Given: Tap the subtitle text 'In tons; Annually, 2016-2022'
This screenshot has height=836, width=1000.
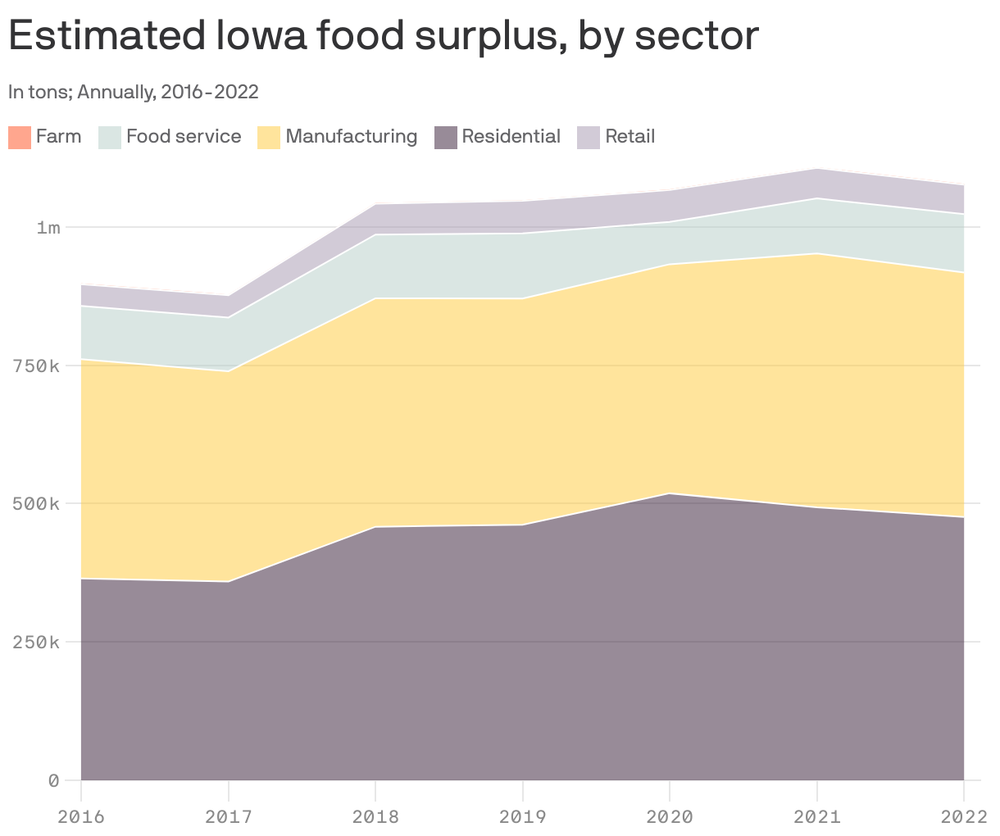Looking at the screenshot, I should (x=134, y=92).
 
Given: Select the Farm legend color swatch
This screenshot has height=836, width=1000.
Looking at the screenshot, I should (x=19, y=137).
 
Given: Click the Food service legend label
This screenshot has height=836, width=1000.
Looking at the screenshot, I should (x=184, y=136).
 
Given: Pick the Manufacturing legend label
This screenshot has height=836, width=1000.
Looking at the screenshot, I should (x=351, y=136).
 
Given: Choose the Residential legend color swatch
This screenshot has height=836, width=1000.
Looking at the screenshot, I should (x=445, y=137).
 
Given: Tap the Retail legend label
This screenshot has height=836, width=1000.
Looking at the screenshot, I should (x=630, y=136).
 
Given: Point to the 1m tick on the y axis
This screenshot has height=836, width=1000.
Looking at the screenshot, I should (x=48, y=227).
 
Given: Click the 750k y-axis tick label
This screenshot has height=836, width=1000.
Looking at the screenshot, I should (x=36, y=366).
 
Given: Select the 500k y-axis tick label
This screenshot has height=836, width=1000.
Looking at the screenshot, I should (x=36, y=503).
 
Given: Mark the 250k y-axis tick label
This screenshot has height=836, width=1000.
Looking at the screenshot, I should (x=36, y=642).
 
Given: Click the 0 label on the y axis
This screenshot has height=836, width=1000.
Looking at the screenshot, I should (x=53, y=780).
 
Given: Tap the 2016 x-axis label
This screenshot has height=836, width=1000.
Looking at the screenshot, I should (x=81, y=816).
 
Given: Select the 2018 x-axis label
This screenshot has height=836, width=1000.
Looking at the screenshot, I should (x=375, y=816).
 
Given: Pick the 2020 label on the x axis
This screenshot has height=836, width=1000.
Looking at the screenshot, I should (x=670, y=816).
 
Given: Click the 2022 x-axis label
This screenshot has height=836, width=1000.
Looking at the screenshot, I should (x=963, y=816).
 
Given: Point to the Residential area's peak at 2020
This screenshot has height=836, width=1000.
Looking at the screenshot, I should (x=670, y=493).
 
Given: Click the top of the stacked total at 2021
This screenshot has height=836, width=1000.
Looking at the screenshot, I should (x=816, y=169).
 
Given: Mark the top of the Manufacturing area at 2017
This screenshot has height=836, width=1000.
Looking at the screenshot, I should (x=229, y=371).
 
